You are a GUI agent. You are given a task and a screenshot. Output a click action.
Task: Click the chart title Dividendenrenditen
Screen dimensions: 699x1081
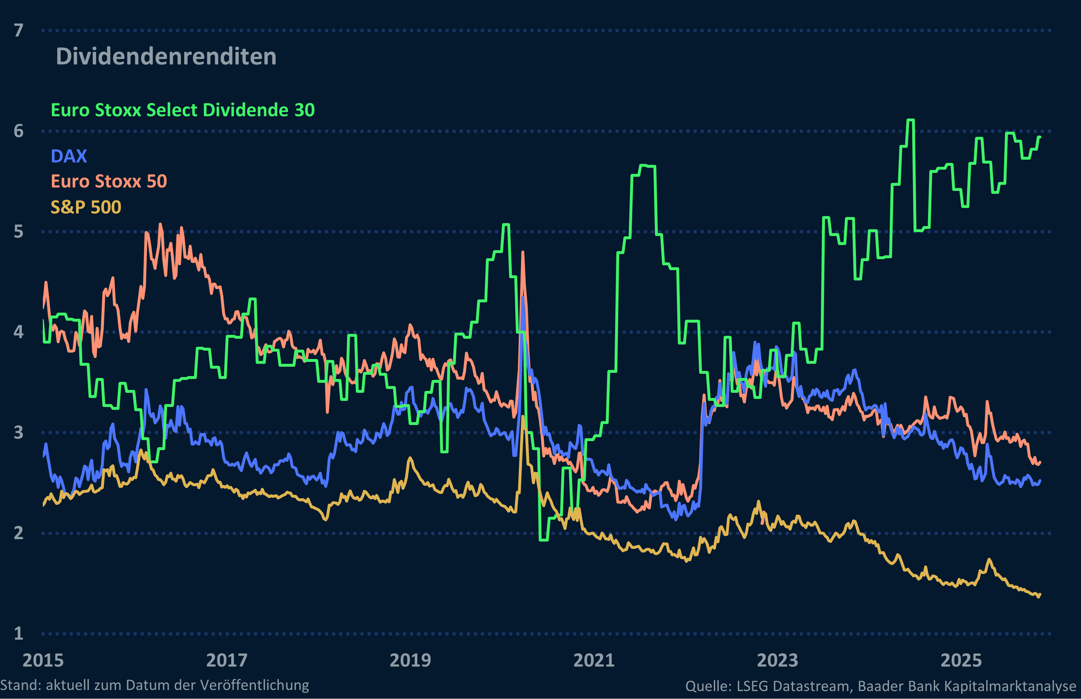(166, 57)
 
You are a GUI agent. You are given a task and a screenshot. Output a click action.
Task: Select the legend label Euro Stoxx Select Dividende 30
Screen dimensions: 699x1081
(183, 110)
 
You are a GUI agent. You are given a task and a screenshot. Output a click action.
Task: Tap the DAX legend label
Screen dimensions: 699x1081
(69, 156)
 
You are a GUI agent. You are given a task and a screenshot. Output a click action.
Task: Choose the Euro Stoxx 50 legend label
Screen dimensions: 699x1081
(109, 182)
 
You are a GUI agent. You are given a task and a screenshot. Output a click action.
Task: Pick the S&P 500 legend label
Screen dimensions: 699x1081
(86, 207)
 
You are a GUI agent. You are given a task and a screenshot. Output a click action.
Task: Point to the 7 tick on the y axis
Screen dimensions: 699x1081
(19, 30)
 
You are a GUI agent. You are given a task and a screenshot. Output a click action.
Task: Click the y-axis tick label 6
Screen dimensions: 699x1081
(19, 131)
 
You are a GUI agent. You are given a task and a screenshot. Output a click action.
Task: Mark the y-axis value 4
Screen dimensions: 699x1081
(19, 332)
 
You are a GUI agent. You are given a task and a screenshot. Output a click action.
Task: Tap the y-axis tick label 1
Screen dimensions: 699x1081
(19, 633)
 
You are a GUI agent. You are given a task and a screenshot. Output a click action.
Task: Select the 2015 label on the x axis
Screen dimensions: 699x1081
(43, 660)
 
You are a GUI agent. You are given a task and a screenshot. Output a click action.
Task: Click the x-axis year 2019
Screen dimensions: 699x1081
(410, 660)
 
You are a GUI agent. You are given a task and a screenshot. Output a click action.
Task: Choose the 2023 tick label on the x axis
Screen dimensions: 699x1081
(777, 660)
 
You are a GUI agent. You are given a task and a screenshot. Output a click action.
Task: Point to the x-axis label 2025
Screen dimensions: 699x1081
(961, 660)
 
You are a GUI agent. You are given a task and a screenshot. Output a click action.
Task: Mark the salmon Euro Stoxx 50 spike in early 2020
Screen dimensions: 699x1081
(523, 252)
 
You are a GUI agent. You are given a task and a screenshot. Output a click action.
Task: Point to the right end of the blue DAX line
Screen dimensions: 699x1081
(1040, 480)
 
